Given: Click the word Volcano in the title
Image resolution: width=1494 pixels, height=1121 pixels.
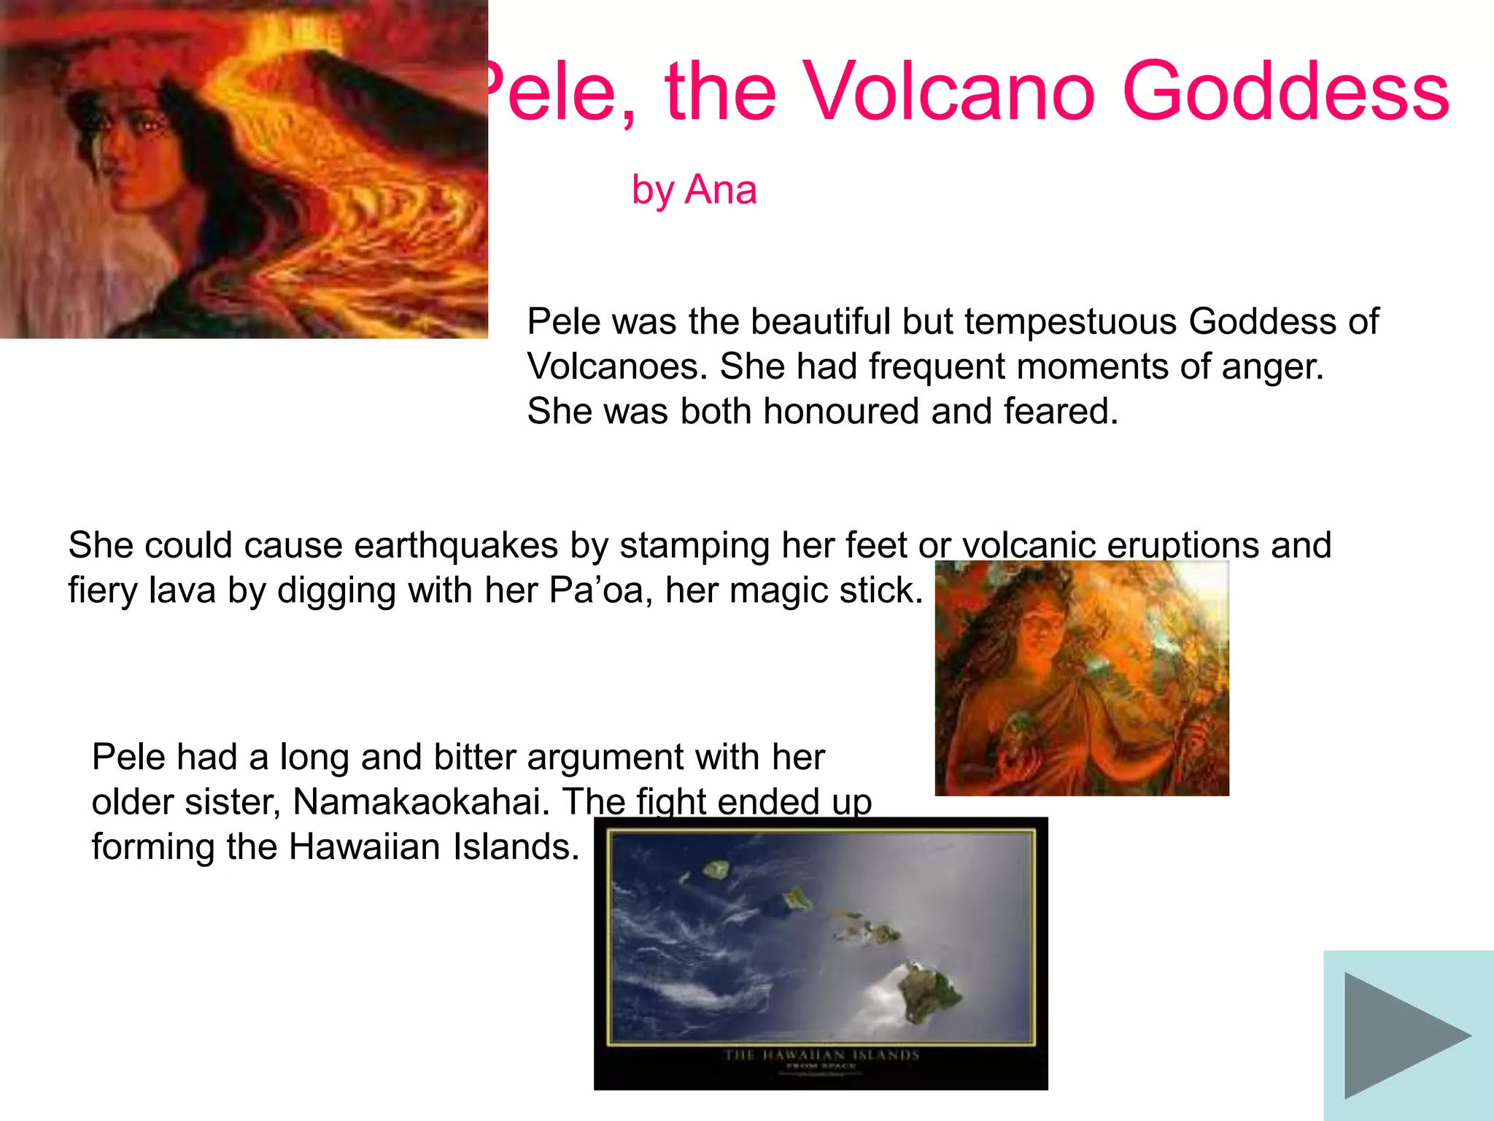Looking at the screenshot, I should pyautogui.click(x=948, y=92).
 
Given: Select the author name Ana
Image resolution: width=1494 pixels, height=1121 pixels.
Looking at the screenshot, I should pyautogui.click(x=721, y=190).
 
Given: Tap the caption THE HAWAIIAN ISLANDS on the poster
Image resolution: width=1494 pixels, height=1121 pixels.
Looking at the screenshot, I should pyautogui.click(x=821, y=1055).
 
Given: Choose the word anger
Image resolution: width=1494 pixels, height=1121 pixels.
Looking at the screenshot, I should pyautogui.click(x=1272, y=366).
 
